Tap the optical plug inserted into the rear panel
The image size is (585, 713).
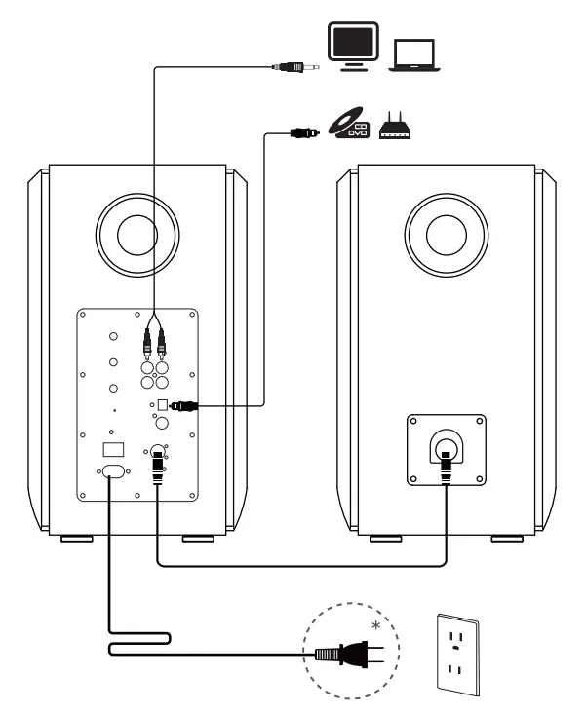pyautogui.click(x=182, y=404)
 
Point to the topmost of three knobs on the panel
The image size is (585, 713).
pyautogui.click(x=114, y=337)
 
